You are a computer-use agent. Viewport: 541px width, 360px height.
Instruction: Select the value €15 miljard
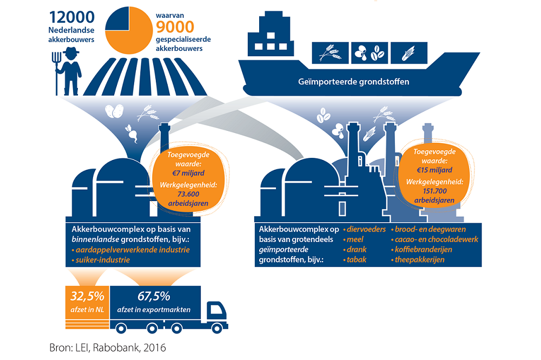coord(437,169)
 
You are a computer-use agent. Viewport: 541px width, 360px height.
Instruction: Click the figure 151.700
coord(437,191)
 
